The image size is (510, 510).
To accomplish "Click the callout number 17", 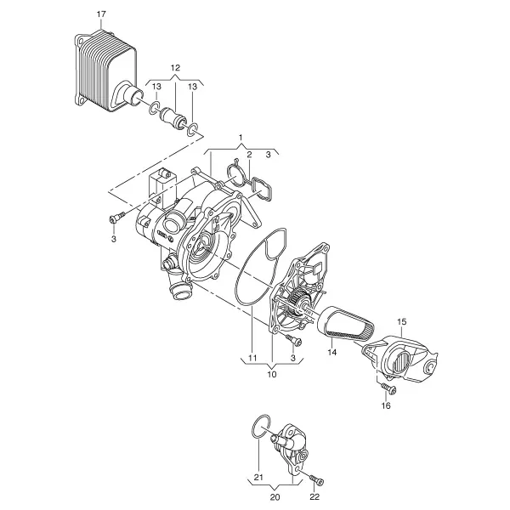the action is (101, 14).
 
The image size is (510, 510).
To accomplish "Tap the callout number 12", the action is (175, 68).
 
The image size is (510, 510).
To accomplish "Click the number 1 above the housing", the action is (241, 138).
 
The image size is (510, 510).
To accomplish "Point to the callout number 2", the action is (249, 155).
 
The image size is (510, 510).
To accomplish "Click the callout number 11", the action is (252, 358).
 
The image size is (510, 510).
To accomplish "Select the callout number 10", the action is (272, 374).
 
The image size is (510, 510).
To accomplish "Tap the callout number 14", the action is (332, 352).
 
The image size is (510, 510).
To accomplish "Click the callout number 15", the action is (402, 321).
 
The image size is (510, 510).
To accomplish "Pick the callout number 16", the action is (386, 406).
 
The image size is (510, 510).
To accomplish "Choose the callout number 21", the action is (258, 478).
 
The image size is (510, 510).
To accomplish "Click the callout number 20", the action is (275, 497).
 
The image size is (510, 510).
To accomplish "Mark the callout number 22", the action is (314, 497).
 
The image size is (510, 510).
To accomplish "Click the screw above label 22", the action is (316, 480).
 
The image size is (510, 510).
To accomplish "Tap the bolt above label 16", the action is (388, 388).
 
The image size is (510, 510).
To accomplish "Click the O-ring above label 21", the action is (261, 427).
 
